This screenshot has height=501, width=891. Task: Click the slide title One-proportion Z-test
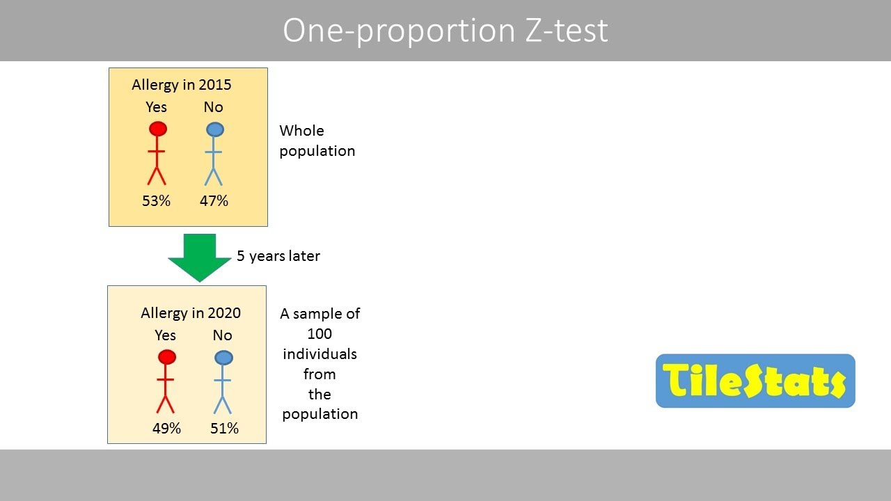(x=445, y=31)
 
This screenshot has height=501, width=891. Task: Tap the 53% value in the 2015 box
(x=156, y=201)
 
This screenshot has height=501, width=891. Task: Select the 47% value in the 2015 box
(x=214, y=201)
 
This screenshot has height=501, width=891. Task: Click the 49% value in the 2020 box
(x=166, y=429)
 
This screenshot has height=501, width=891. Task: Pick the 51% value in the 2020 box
(x=224, y=429)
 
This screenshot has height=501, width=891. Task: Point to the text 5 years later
(x=278, y=256)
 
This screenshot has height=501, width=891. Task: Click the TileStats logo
(x=755, y=381)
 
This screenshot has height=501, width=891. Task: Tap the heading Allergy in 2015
(x=182, y=85)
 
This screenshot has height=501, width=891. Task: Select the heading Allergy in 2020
(x=191, y=313)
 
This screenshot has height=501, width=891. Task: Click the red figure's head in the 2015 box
(x=158, y=129)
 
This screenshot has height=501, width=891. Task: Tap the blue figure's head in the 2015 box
(x=215, y=129)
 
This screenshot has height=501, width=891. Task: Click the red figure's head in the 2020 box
(x=166, y=357)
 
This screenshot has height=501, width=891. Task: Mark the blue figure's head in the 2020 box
(x=223, y=358)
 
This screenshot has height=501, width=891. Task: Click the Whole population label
(x=317, y=141)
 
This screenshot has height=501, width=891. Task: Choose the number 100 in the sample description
(x=320, y=334)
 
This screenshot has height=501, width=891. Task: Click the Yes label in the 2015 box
(x=156, y=107)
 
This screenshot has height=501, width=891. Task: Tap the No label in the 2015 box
(x=213, y=107)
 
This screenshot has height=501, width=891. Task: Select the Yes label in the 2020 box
(x=165, y=335)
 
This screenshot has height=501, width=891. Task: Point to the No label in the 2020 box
(x=222, y=335)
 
